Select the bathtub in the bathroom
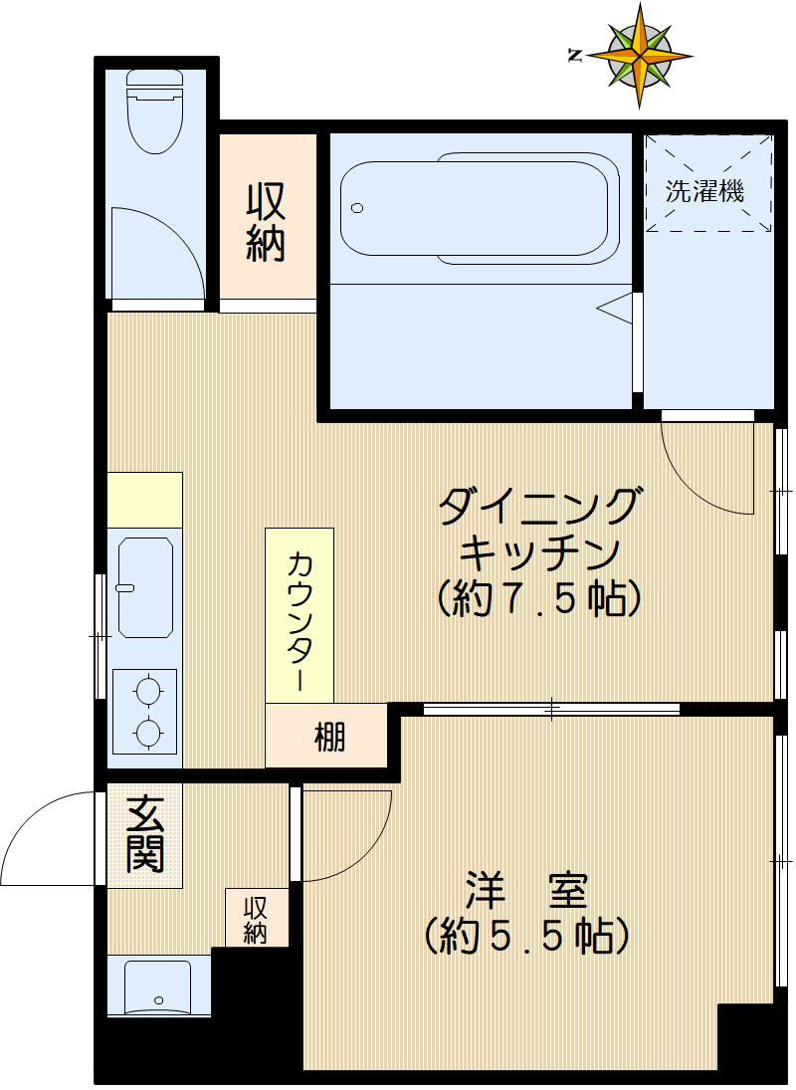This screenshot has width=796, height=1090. tap(475, 209)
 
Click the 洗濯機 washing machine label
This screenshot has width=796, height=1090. tap(704, 191)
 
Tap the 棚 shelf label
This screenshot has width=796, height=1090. tap(329, 738)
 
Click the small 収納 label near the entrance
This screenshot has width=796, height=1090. tap(256, 920)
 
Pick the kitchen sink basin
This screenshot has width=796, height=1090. tap(145, 586)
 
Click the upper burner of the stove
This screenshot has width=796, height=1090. tap(146, 689)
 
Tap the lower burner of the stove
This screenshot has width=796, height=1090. tap(146, 733)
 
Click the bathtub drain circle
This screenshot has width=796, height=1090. tap(358, 209)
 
